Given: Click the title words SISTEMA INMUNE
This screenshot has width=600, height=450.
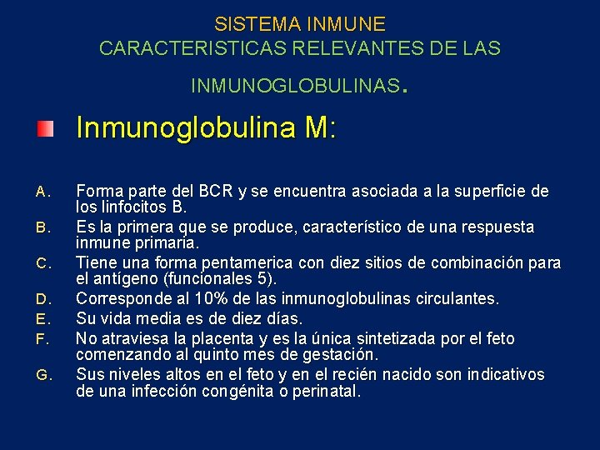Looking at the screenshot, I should (300, 24).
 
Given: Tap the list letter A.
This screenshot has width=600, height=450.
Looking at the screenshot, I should (43, 192).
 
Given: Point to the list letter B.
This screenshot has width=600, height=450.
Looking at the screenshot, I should (43, 227).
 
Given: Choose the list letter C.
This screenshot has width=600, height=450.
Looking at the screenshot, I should (43, 263).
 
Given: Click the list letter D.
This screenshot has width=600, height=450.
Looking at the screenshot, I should (43, 298).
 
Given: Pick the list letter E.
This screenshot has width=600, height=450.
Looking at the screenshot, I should (43, 318).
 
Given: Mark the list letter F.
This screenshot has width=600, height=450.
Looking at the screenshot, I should (43, 338).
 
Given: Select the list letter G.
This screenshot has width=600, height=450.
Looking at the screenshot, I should (43, 375).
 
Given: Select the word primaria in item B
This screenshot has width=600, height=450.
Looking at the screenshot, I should (167, 243).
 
